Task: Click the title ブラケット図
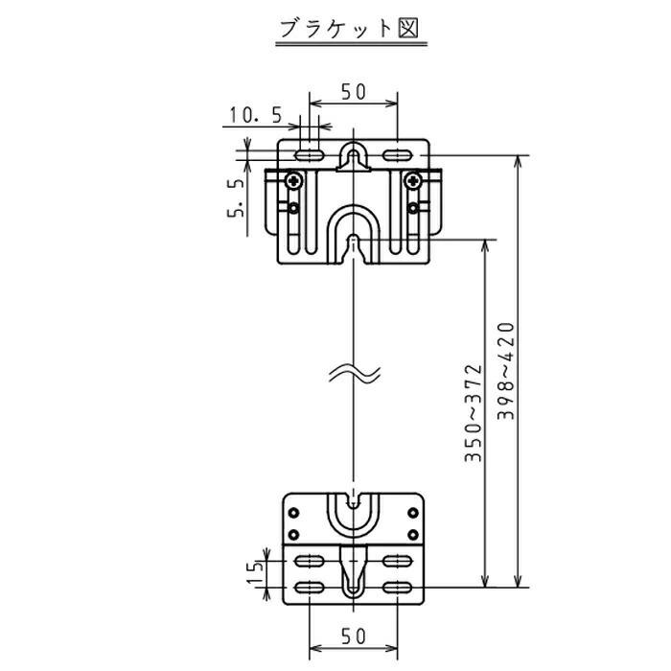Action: pyautogui.click(x=349, y=28)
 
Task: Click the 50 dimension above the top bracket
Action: pyautogui.click(x=353, y=93)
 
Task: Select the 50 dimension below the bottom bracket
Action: pyautogui.click(x=353, y=636)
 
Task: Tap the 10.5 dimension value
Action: pyautogui.click(x=255, y=117)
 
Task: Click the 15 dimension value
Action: pyautogui.click(x=255, y=574)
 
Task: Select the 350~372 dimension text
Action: pyautogui.click(x=473, y=412)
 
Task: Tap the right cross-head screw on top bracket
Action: pyautogui.click(x=413, y=178)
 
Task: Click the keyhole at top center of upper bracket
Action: pyautogui.click(x=354, y=155)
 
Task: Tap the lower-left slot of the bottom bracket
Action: pyautogui.click(x=309, y=587)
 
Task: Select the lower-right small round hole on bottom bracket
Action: pyautogui.click(x=413, y=534)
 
